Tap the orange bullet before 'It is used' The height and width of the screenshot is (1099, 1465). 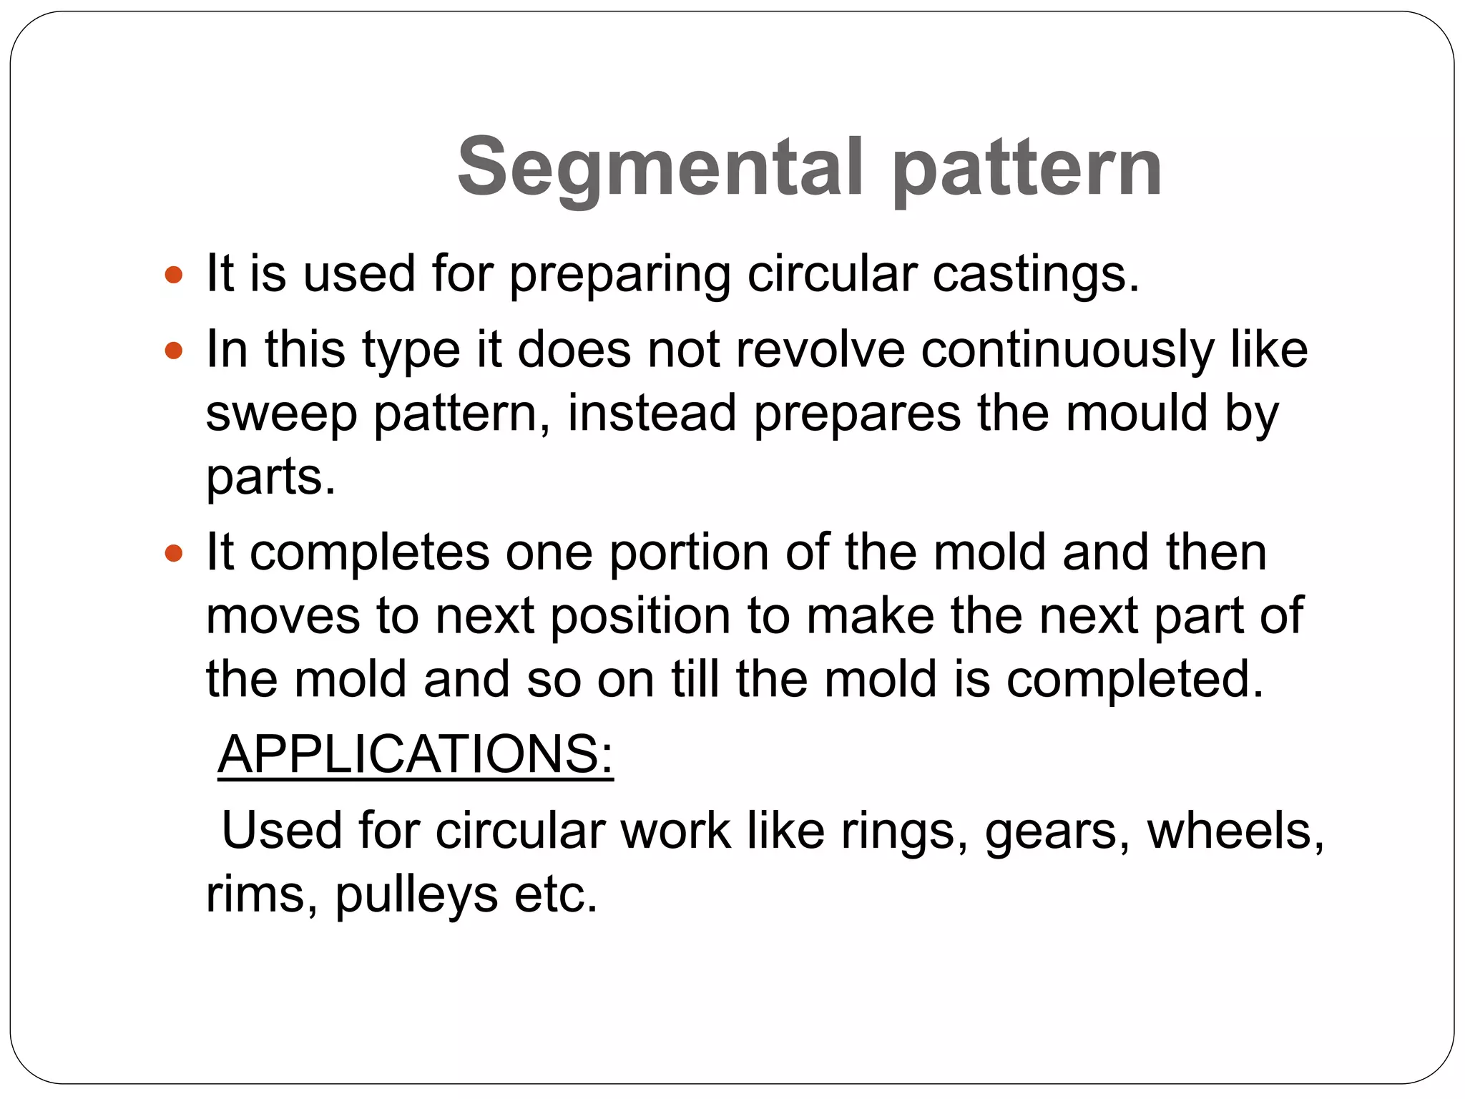click(x=174, y=275)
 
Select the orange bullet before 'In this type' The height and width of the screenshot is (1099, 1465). click(x=174, y=351)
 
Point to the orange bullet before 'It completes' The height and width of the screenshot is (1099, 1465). click(x=174, y=553)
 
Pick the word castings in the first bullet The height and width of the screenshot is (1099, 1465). click(x=1035, y=275)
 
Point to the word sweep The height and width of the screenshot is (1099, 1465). click(x=281, y=415)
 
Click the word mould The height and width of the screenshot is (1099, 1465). click(x=1137, y=414)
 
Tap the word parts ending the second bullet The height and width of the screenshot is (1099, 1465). click(x=270, y=478)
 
